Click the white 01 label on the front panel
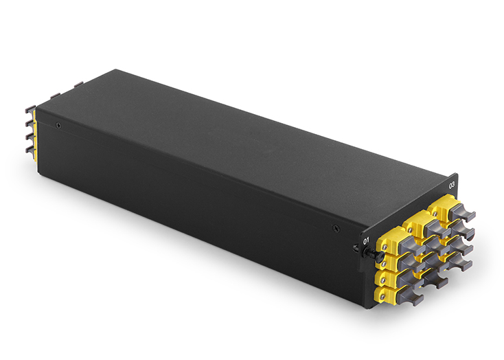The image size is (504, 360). (366, 240)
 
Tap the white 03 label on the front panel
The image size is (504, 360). (452, 185)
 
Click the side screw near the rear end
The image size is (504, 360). (58, 124)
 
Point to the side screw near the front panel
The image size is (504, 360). (335, 228)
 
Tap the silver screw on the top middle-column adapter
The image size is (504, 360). (410, 228)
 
